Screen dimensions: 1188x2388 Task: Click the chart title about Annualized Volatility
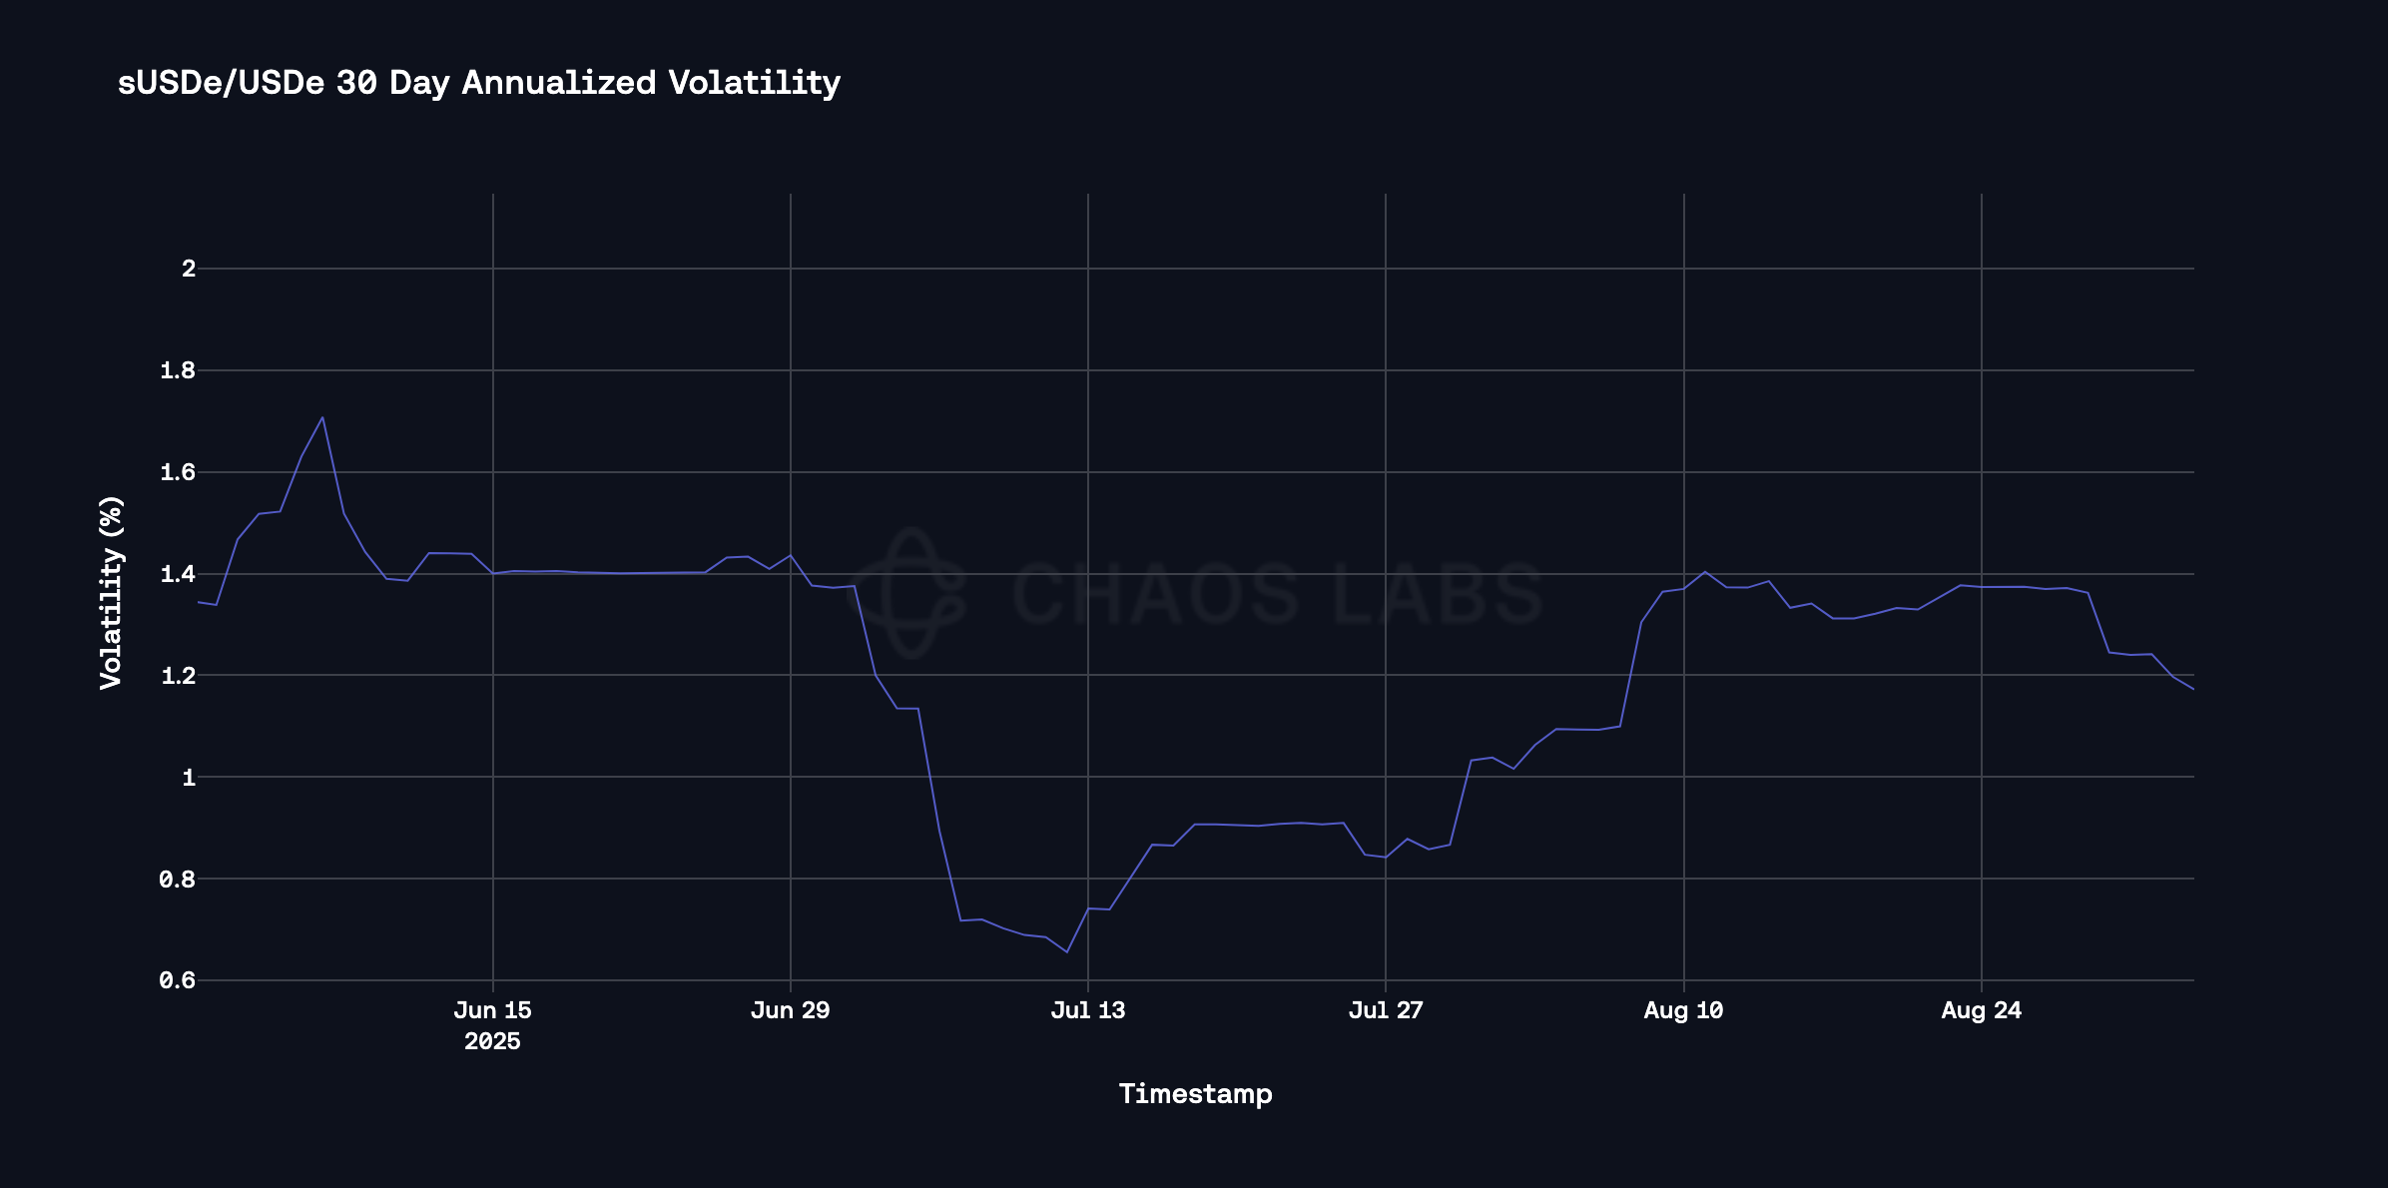tap(479, 83)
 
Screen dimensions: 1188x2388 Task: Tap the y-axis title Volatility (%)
tap(111, 592)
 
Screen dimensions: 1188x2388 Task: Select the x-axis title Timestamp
tap(1195, 1094)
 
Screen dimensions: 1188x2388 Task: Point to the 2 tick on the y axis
tap(189, 269)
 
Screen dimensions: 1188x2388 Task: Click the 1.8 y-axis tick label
tap(178, 371)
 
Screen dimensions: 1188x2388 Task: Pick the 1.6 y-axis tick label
tap(178, 472)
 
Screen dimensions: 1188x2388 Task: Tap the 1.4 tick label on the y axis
tap(178, 574)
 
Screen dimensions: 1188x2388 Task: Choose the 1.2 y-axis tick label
tap(178, 676)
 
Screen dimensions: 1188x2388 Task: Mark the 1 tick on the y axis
tap(189, 778)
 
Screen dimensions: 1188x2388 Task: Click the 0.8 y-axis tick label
tap(178, 880)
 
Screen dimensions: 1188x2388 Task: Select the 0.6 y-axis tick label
tap(178, 981)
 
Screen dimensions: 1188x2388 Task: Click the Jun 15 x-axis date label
tap(492, 1010)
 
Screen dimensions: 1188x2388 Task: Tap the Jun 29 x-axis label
tap(790, 1010)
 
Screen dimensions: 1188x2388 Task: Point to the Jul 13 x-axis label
tap(1087, 1010)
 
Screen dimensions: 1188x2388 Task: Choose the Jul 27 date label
tap(1385, 1010)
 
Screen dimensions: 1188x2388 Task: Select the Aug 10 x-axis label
tap(1683, 1010)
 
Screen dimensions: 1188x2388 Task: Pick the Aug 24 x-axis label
tap(1981, 1010)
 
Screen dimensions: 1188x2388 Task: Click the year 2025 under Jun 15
tap(492, 1042)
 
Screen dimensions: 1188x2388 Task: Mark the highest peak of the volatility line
tap(322, 417)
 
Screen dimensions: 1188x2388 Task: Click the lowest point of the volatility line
tap(1066, 951)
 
